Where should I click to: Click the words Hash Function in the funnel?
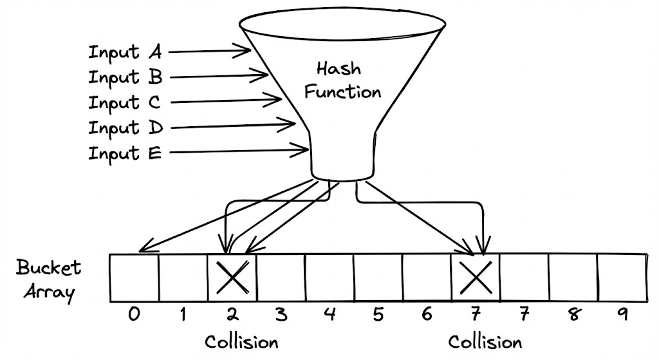pyautogui.click(x=342, y=81)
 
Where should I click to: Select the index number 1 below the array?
pyautogui.click(x=183, y=315)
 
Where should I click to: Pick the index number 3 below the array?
pyautogui.click(x=281, y=315)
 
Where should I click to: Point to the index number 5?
pyautogui.click(x=378, y=315)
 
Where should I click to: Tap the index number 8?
pyautogui.click(x=573, y=315)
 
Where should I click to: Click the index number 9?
pyautogui.click(x=622, y=315)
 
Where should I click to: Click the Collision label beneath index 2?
pyautogui.click(x=241, y=341)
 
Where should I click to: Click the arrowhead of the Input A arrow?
pyautogui.click(x=248, y=50)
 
